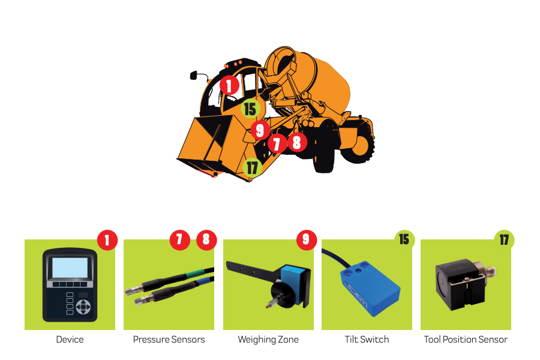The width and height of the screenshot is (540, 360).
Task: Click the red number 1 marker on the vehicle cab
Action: [x=229, y=85]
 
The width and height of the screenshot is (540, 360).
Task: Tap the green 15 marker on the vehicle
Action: [x=250, y=109]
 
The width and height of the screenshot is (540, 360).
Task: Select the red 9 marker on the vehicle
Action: [x=260, y=130]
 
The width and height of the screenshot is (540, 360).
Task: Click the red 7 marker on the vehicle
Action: [x=277, y=143]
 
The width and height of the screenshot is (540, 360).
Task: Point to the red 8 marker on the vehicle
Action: [x=297, y=142]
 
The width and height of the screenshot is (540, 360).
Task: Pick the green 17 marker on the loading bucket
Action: [x=252, y=167]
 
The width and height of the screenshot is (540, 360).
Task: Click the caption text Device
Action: [x=70, y=340]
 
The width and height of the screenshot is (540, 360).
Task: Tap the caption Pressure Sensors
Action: [x=169, y=340]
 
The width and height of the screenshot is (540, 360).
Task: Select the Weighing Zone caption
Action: [x=268, y=340]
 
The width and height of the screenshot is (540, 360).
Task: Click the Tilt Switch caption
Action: [x=367, y=340]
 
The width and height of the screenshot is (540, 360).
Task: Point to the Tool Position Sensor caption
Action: [x=466, y=340]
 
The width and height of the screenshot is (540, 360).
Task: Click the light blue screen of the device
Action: [x=70, y=268]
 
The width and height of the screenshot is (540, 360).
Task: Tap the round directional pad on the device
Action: [x=83, y=307]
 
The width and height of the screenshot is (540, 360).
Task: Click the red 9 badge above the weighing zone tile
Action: [x=307, y=240]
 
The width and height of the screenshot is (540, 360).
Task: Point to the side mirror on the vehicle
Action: [x=194, y=76]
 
